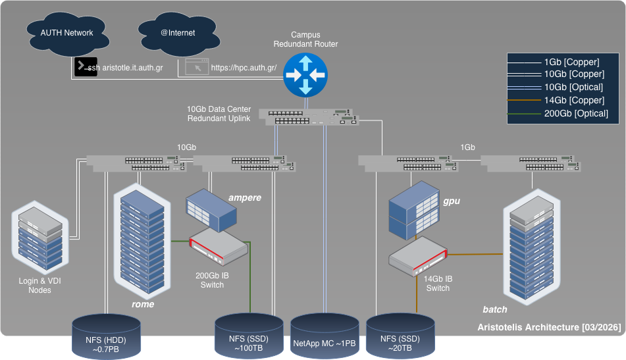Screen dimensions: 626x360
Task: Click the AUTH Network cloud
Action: pos(67,34)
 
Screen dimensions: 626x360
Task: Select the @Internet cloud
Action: pos(179,34)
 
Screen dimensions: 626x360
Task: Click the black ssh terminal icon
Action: pos(86,66)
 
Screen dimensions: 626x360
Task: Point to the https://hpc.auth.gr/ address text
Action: pos(244,67)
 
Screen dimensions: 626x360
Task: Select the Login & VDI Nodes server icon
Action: pos(40,238)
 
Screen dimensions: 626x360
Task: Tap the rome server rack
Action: pos(142,242)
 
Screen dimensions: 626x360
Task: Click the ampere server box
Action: pos(211,211)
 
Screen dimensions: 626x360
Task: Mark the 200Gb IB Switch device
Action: pos(219,246)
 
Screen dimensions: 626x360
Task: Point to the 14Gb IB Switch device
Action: pos(418,256)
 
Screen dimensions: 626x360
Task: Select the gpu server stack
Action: pos(414,211)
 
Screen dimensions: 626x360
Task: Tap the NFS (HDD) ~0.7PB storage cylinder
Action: pos(106,336)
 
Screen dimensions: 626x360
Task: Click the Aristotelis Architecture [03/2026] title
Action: pos(550,327)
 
